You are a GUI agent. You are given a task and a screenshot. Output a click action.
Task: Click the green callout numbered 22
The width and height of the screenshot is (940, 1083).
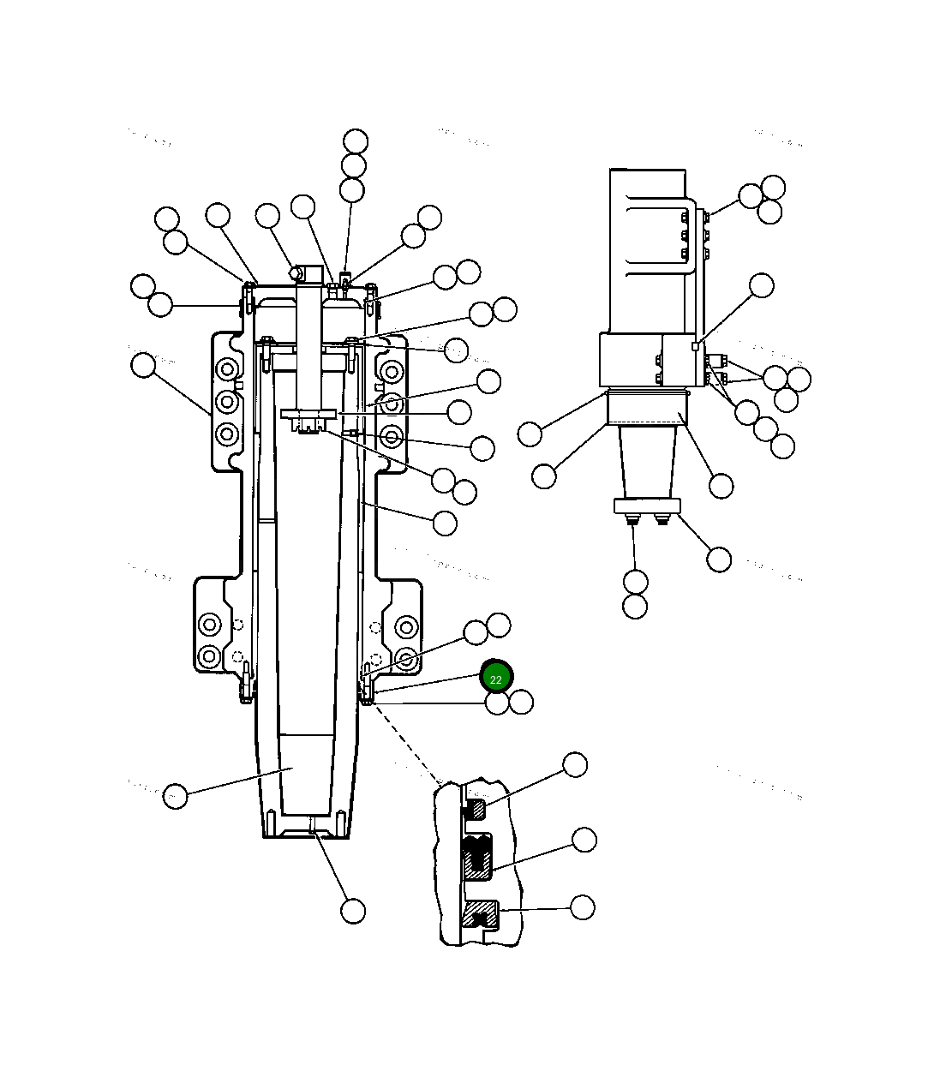(495, 678)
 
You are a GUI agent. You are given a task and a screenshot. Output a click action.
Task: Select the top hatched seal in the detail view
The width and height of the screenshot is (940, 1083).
(476, 808)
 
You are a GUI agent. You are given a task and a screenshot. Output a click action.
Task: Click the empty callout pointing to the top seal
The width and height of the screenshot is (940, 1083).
(574, 765)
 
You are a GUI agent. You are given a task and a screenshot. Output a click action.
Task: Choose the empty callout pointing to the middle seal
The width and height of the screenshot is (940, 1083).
(584, 840)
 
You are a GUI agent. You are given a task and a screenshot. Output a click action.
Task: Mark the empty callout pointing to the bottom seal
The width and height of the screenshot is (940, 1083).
(582, 907)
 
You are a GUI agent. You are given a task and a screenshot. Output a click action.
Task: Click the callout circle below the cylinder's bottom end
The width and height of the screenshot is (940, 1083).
(353, 911)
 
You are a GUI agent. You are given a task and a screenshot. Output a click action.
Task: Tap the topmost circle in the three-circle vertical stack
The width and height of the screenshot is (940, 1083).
(355, 141)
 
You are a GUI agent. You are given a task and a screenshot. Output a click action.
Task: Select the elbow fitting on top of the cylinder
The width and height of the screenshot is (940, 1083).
(296, 272)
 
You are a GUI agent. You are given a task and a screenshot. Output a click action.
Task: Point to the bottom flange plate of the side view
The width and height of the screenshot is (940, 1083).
(647, 506)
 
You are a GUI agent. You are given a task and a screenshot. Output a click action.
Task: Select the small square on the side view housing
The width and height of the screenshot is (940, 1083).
(696, 346)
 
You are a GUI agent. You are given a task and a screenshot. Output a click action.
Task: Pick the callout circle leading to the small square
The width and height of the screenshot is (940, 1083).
(761, 285)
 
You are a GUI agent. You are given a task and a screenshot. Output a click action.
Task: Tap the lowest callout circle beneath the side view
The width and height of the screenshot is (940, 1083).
(635, 607)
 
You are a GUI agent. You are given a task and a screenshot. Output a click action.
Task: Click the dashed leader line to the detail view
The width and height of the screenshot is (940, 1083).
(407, 742)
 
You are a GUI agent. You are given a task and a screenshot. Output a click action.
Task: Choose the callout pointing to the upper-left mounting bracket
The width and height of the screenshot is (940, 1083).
(143, 366)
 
